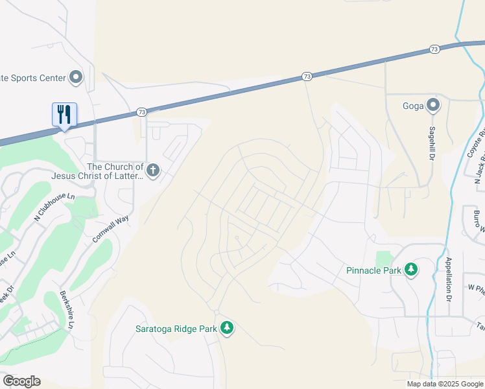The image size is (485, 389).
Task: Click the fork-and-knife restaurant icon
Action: click(x=64, y=114)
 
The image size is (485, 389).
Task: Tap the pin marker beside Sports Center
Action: click(x=76, y=78)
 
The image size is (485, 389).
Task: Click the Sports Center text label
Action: click(x=32, y=78)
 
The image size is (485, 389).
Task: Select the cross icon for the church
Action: click(x=152, y=171)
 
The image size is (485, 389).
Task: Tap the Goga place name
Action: click(x=412, y=106)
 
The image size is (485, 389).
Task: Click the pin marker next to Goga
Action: click(x=433, y=106)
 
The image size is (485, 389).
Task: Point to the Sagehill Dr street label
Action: click(x=431, y=143)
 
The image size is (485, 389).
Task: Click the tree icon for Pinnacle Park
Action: click(x=410, y=269)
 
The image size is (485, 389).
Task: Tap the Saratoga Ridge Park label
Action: click(x=176, y=329)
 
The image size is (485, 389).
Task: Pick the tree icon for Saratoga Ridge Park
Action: click(x=226, y=328)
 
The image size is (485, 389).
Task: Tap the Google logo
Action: click(x=21, y=381)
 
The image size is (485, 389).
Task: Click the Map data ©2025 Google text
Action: click(x=445, y=384)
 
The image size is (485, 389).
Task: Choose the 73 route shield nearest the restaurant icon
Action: click(x=141, y=112)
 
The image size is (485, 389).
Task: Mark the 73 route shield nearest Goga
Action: click(x=434, y=49)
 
